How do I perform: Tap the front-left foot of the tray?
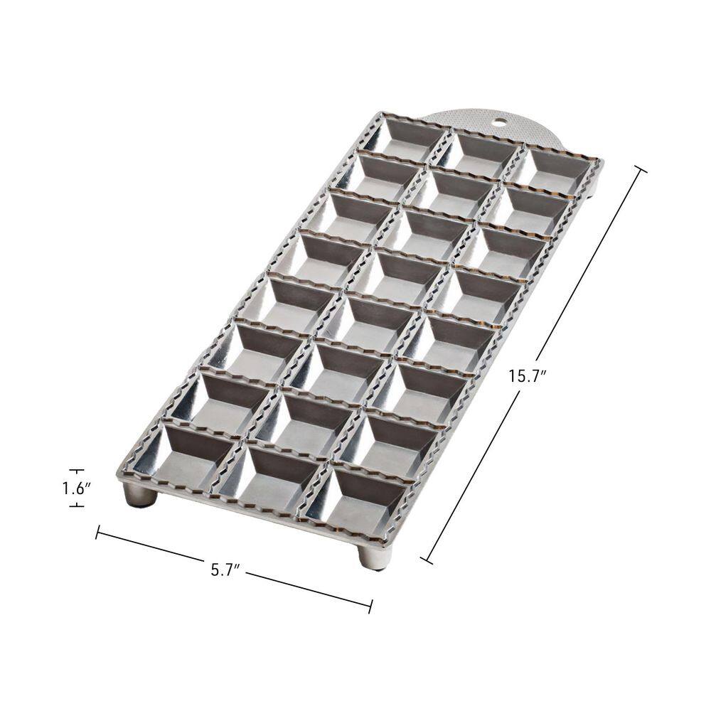click(x=140, y=495)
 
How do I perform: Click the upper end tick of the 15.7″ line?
click(x=640, y=169)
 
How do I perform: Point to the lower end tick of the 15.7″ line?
click(x=426, y=560)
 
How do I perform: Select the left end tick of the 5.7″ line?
click(x=97, y=531)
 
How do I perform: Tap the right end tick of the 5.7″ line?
click(x=370, y=606)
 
